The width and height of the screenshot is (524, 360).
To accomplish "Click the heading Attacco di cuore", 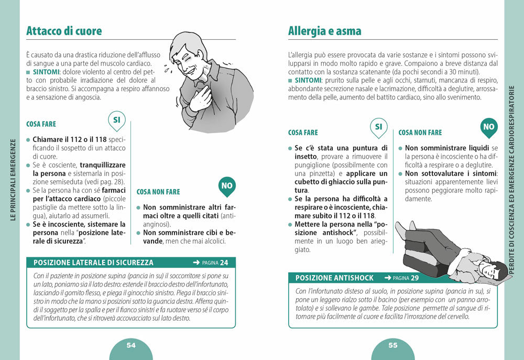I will pyautogui.click(x=64, y=31).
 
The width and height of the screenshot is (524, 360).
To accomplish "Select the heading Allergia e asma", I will pyautogui.click(x=324, y=31).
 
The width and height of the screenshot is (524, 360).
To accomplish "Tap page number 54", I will pyautogui.click(x=131, y=345).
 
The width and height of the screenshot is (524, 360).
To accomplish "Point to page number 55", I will pyautogui.click(x=392, y=345).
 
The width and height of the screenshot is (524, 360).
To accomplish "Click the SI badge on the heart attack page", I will pyautogui.click(x=116, y=120).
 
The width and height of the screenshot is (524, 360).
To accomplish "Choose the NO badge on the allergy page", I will pyautogui.click(x=488, y=126).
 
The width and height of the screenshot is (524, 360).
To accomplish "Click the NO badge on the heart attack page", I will pyautogui.click(x=226, y=186).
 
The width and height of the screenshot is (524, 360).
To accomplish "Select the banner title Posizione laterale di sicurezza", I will pyautogui.click(x=93, y=263).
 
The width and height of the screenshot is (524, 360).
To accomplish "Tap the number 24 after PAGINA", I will pyautogui.click(x=224, y=263).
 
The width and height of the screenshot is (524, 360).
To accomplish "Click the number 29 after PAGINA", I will pyautogui.click(x=414, y=278).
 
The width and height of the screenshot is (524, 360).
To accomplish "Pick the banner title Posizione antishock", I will pyautogui.click(x=334, y=278).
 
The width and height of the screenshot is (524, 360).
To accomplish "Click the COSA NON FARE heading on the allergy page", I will pyautogui.click(x=420, y=133).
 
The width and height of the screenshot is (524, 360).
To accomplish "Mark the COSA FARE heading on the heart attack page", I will pyautogui.click(x=41, y=124).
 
